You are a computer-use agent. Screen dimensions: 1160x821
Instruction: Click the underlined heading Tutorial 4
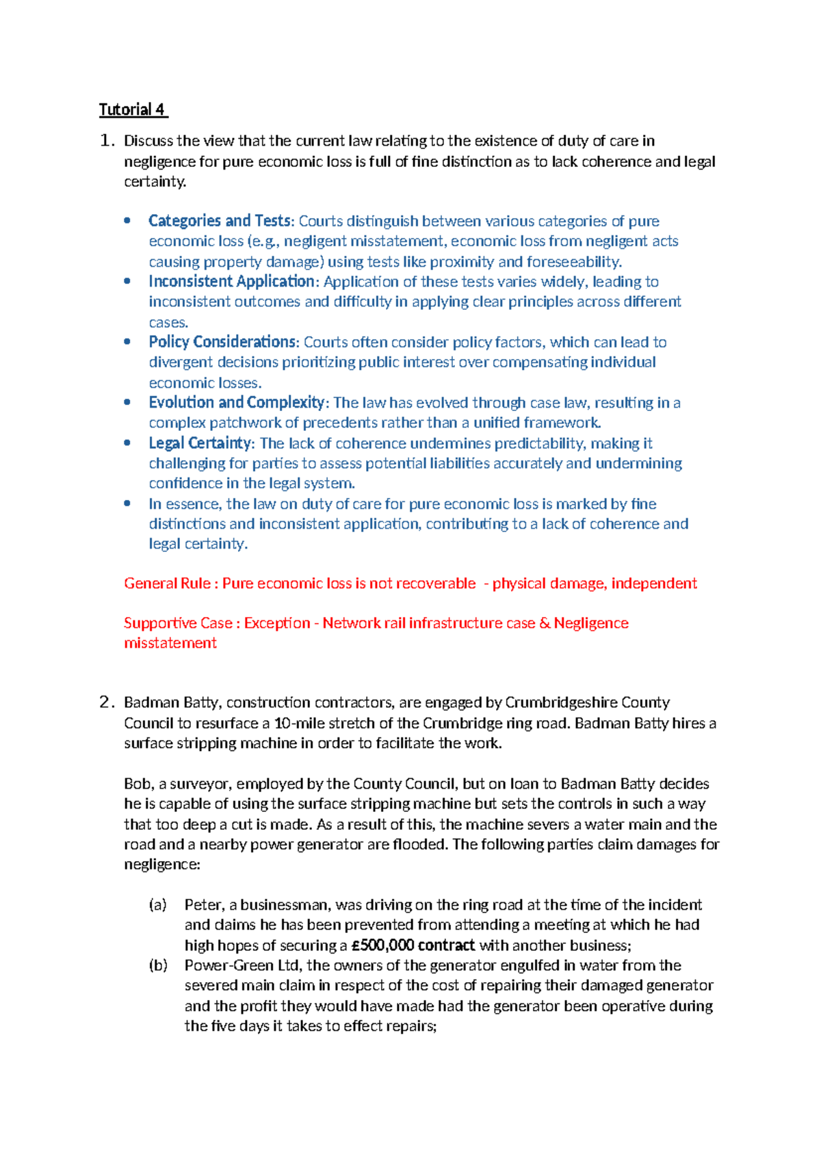click(133, 110)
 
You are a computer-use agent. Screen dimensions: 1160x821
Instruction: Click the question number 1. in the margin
click(106, 141)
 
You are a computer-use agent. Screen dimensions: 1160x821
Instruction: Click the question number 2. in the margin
click(106, 702)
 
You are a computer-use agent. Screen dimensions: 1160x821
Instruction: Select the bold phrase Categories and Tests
click(220, 221)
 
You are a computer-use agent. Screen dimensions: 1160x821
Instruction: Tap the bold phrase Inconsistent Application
click(231, 281)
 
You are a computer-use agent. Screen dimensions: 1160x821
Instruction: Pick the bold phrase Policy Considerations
click(223, 342)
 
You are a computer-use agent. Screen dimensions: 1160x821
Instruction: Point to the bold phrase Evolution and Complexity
click(236, 402)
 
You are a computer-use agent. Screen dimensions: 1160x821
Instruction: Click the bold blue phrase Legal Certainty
click(200, 443)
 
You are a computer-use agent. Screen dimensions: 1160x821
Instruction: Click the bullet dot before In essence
click(127, 503)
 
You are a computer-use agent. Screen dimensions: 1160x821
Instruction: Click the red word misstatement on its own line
click(170, 643)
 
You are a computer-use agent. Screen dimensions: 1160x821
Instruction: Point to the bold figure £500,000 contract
click(413, 945)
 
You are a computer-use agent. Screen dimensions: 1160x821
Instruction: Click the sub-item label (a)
click(158, 905)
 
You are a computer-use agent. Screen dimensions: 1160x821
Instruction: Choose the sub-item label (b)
click(158, 966)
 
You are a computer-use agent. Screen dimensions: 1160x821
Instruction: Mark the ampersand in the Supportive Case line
click(545, 623)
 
